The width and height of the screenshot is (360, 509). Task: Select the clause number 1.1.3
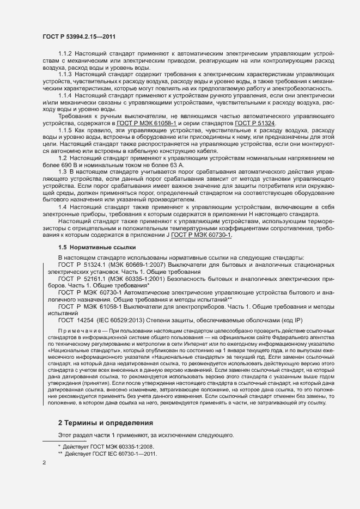[x=65, y=73]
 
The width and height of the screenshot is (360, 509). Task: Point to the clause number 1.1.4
[x=65, y=95]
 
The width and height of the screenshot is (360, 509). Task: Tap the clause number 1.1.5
[x=65, y=132]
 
